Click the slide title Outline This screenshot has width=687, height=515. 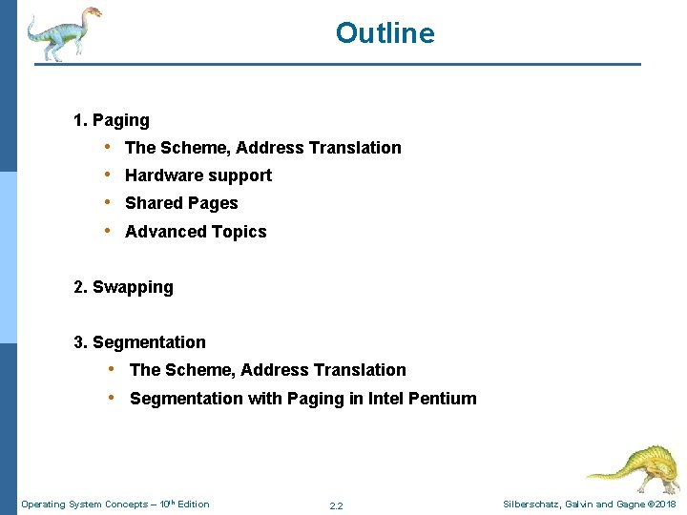tap(385, 33)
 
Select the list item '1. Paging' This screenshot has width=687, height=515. tap(112, 120)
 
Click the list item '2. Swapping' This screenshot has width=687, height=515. tap(124, 287)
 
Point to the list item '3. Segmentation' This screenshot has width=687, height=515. tap(139, 342)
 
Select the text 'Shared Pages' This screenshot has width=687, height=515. tap(181, 203)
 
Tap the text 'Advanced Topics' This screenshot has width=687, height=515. tap(196, 232)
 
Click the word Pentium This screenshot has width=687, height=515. tap(442, 399)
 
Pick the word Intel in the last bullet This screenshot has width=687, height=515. tap(384, 399)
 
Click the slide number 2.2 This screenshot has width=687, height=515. tap(336, 505)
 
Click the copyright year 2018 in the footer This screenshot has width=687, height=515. tap(665, 505)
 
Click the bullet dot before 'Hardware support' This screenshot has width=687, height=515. tap(111, 175)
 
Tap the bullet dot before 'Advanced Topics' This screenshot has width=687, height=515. tap(111, 231)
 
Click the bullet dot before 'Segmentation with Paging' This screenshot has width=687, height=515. tap(113, 398)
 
